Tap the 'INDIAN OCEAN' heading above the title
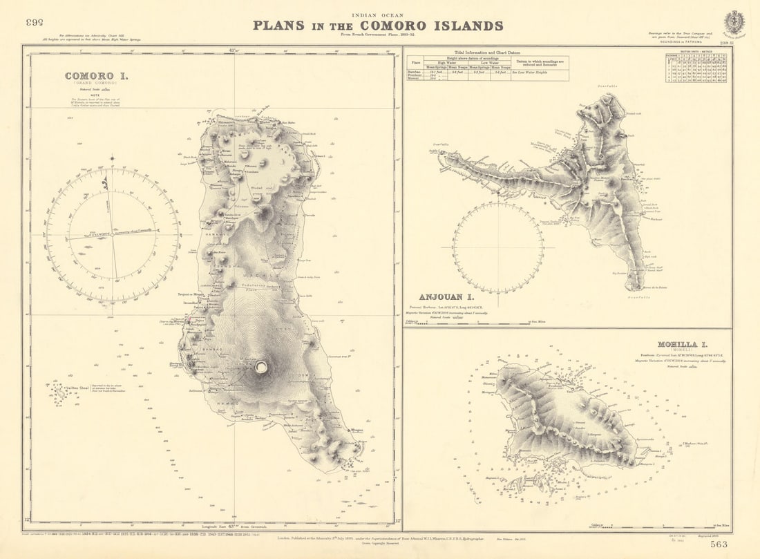[378, 15]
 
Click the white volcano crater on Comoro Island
[261, 367]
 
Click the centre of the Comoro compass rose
[113, 235]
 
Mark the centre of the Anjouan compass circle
[498, 247]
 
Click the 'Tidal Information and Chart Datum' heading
[488, 53]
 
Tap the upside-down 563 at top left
[35, 22]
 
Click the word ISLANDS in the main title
[469, 26]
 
